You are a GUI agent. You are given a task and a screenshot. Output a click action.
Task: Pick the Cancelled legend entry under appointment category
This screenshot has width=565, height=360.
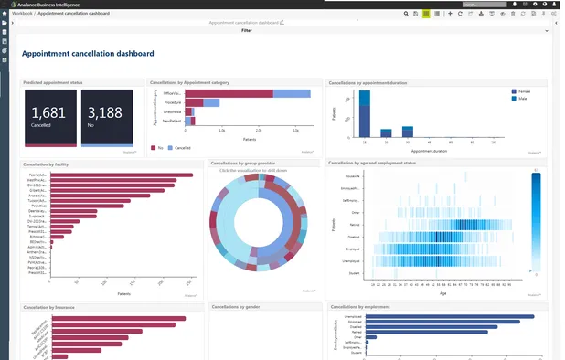[x=182, y=146]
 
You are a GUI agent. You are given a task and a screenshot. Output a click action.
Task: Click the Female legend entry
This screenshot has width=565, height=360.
[x=525, y=92]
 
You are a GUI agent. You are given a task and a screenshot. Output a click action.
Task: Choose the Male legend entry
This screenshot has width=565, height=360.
[x=523, y=100]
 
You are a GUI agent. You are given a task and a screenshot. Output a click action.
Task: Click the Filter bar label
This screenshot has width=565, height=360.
[x=247, y=30]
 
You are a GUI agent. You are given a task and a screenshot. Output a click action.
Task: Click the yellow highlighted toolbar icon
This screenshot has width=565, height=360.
[x=426, y=14]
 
